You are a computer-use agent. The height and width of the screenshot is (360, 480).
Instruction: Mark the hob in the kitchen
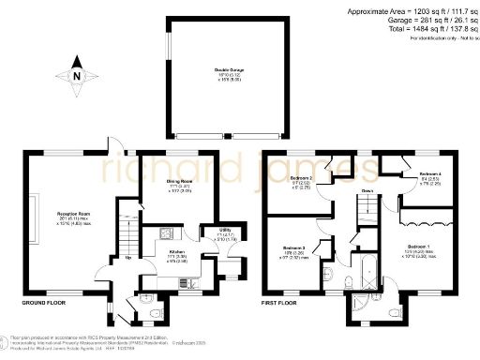pos(164,233)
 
